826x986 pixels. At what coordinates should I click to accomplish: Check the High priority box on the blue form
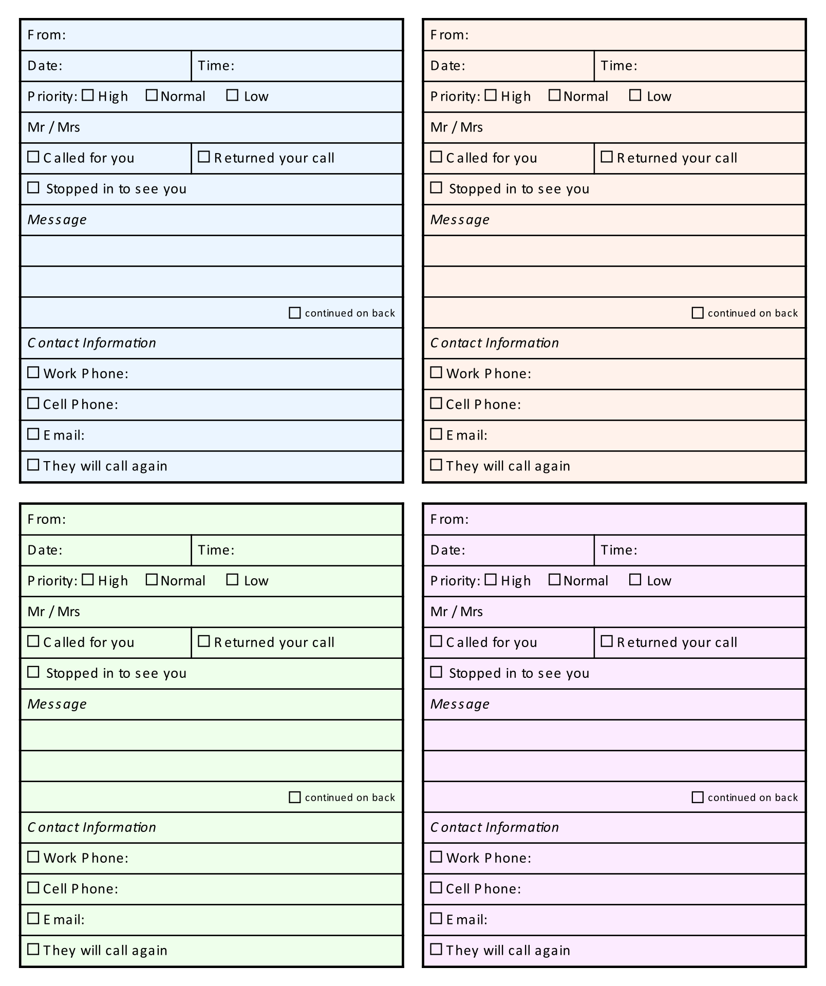88,95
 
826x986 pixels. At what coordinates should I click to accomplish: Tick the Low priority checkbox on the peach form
635,95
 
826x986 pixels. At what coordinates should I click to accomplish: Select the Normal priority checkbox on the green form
152,579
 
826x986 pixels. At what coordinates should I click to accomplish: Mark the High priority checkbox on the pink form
491,579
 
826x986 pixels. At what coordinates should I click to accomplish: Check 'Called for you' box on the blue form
33,157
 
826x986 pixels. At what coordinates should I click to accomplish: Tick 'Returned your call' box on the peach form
607,157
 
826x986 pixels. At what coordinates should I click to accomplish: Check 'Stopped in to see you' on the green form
33,672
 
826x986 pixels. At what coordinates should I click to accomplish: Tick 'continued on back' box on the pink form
698,797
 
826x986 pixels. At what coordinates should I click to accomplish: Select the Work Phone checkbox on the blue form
33,372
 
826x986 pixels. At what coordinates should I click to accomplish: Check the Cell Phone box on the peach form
436,403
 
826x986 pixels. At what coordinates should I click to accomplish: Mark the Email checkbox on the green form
33,918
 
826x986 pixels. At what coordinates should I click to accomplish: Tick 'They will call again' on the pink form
436,949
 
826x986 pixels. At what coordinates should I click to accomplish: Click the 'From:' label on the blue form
47,35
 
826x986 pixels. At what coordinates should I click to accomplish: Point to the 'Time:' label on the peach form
619,66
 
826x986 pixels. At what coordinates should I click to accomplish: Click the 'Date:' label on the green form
45,550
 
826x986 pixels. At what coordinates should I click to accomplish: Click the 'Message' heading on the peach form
460,220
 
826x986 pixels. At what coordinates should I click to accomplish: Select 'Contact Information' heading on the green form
92,827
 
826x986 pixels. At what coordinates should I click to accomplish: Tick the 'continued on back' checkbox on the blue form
295,313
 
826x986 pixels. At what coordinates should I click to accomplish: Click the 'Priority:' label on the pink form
454,581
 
